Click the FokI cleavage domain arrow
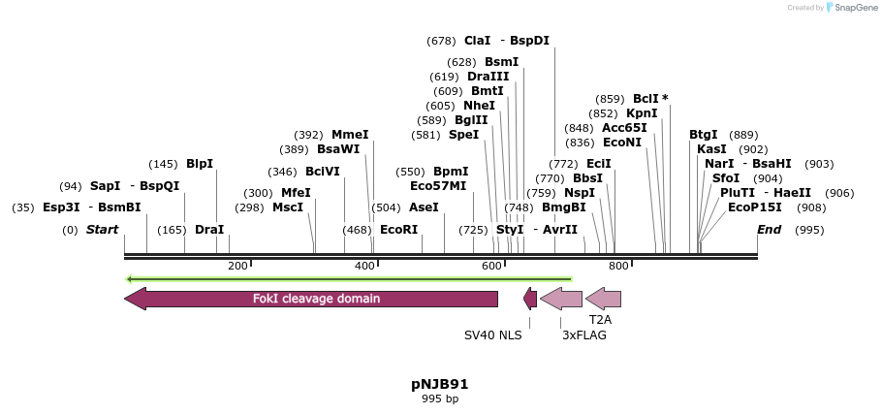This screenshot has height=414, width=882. [x=310, y=299]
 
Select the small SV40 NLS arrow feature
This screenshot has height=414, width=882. [x=530, y=299]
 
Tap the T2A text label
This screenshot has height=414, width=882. [x=601, y=318]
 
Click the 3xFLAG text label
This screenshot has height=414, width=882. [x=584, y=335]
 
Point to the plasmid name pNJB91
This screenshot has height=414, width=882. [x=440, y=384]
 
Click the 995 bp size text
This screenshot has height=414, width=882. [x=440, y=398]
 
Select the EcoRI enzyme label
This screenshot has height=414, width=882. [x=398, y=230]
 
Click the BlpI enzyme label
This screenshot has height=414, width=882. [x=200, y=164]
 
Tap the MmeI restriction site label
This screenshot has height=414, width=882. [x=350, y=135]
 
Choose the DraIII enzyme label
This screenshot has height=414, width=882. [x=488, y=77]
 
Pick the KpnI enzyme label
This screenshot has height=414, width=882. [x=642, y=113]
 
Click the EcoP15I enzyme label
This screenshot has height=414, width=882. [x=755, y=207]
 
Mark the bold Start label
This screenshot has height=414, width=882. [x=102, y=230]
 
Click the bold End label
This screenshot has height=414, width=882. [x=769, y=230]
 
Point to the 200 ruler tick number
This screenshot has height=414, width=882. [x=237, y=266]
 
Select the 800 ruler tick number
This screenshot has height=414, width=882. [x=617, y=266]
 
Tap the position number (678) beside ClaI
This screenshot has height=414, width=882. [x=441, y=41]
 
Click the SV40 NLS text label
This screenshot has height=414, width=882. [x=493, y=335]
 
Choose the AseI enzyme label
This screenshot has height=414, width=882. [x=424, y=207]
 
